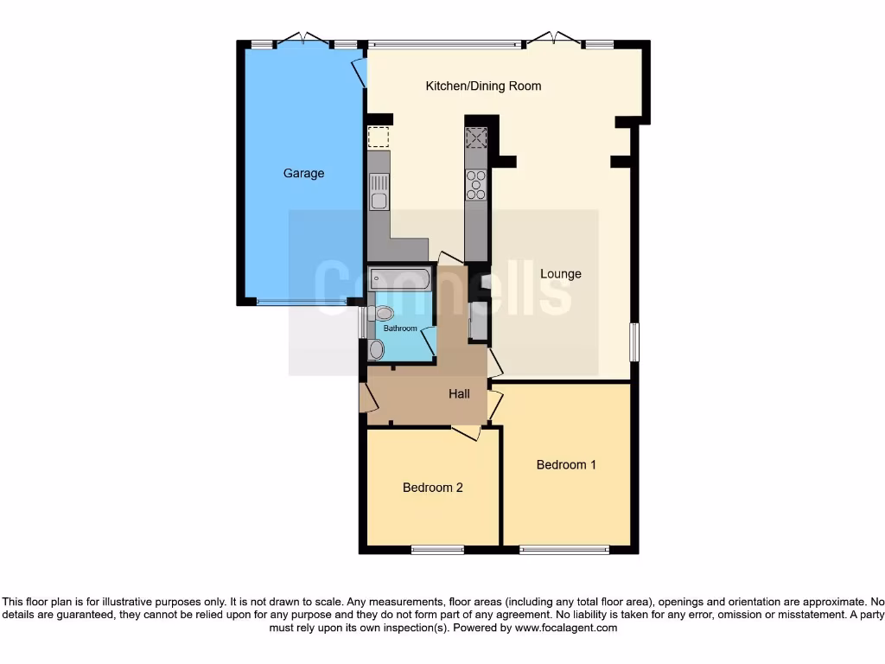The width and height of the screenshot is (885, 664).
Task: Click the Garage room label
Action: pyautogui.click(x=303, y=173)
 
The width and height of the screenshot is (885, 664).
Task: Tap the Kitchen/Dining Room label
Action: pyautogui.click(x=483, y=86)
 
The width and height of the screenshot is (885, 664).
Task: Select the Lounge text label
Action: pyautogui.click(x=561, y=274)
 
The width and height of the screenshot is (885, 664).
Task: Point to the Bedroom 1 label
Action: pyautogui.click(x=566, y=464)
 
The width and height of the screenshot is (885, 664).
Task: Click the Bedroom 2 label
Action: pyautogui.click(x=432, y=488)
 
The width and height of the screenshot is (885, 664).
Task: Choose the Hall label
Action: pyautogui.click(x=459, y=393)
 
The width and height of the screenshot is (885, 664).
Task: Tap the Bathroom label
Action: pyautogui.click(x=400, y=329)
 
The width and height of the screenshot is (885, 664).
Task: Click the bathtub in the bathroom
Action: pyautogui.click(x=398, y=278)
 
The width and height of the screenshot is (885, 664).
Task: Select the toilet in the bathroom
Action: pyautogui.click(x=383, y=313)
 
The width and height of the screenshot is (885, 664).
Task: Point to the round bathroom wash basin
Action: pyautogui.click(x=375, y=349)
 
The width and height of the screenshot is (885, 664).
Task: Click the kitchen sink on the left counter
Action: pyautogui.click(x=379, y=191)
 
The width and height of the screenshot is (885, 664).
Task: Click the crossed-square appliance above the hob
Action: pyautogui.click(x=476, y=138)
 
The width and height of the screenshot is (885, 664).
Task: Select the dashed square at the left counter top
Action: pyautogui.click(x=379, y=137)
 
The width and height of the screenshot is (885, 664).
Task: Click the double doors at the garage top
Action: pyautogui.click(x=303, y=39)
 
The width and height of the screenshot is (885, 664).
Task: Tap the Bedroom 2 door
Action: pyautogui.click(x=466, y=432)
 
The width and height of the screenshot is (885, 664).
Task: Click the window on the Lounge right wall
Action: pyautogui.click(x=634, y=342)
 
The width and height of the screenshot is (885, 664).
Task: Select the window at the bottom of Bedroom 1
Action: pyautogui.click(x=563, y=549)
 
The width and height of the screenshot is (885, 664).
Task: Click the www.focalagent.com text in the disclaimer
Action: pyautogui.click(x=566, y=628)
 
